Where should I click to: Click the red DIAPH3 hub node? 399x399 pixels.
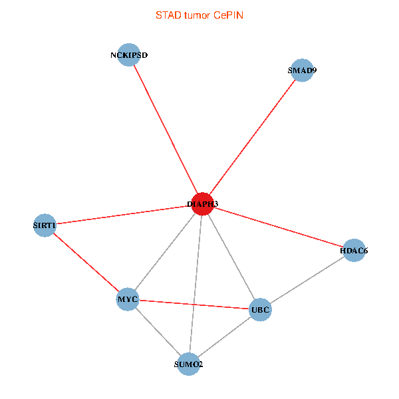pos(202,203)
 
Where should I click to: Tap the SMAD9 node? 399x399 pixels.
pos(302,70)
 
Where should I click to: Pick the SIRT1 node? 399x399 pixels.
pos(45,225)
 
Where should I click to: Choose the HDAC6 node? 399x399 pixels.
pos(354,251)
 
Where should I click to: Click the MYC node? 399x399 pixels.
pos(127,299)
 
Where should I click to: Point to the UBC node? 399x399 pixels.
pos(260,309)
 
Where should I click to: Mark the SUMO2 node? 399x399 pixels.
pos(189,364)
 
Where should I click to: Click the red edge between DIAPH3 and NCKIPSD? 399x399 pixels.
pos(166,129)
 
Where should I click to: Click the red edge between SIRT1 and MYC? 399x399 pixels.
pos(86,263)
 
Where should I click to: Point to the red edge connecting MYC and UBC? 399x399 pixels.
pos(194,305)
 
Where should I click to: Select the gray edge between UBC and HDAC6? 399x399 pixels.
pos(307,280)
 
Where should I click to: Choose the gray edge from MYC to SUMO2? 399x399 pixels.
pos(158,331)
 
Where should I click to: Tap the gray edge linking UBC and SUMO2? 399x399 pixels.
pos(224,336)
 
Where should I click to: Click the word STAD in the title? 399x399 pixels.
pos(168,15)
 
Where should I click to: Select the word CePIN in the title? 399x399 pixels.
pos(228,15)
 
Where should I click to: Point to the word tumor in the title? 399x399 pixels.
pos(198,15)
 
